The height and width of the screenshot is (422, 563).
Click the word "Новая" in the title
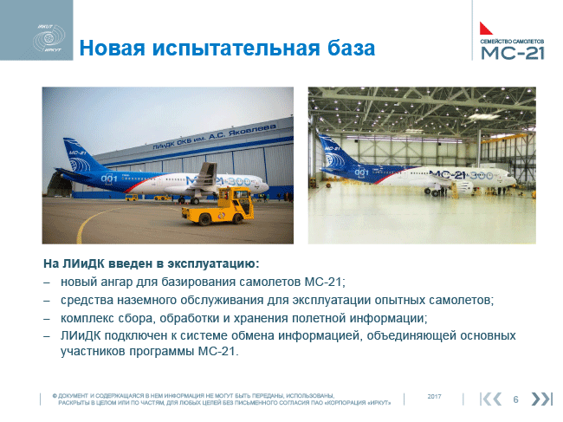tap(112, 48)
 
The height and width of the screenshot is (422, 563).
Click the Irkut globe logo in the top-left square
tap(49, 38)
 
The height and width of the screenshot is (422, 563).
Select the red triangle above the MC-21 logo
tap(485, 28)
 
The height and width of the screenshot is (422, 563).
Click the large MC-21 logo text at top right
tap(513, 53)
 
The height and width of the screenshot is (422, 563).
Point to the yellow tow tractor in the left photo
tap(218, 205)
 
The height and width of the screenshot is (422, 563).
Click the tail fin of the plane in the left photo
tap(81, 154)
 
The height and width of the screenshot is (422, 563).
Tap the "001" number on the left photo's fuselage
tap(109, 179)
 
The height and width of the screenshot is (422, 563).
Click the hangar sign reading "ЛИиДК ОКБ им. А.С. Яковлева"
tap(215, 136)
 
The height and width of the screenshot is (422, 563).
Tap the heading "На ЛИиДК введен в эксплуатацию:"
tap(152, 263)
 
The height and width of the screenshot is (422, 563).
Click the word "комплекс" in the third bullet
tap(84, 318)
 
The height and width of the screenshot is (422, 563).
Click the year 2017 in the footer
tap(434, 397)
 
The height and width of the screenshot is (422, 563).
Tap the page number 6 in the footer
tap(515, 399)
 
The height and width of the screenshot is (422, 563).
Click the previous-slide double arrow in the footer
tap(491, 399)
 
